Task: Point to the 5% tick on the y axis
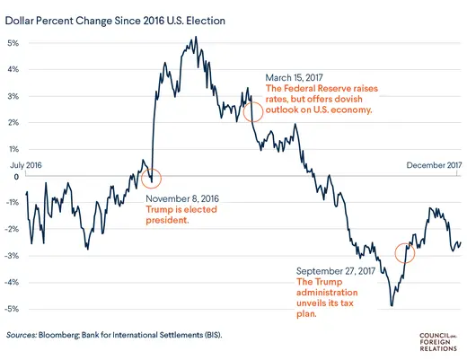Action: [14, 43]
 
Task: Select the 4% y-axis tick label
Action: [14, 70]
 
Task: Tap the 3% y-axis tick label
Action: [14, 96]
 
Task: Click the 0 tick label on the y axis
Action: [16, 176]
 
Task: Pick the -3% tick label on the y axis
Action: [13, 256]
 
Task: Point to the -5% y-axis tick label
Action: [13, 309]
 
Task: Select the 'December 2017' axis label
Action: [434, 164]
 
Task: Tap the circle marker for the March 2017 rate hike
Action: [253, 111]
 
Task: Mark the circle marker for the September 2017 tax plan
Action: [406, 252]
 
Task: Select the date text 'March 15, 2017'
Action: [295, 78]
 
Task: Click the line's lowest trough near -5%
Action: [392, 306]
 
